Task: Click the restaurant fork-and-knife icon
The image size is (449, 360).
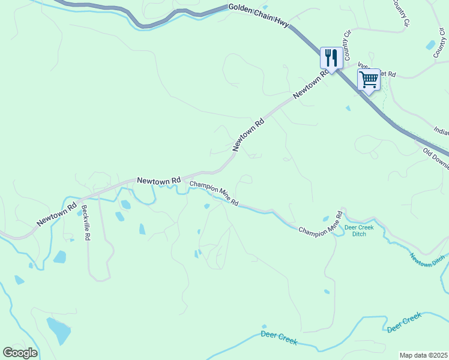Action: point(331,58)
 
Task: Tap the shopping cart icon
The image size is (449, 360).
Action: point(369,79)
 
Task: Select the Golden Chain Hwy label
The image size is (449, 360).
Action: point(259,16)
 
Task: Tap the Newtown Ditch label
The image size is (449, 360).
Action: point(427,260)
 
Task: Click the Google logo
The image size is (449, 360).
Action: point(20,352)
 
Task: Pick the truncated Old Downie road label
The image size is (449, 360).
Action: point(435,159)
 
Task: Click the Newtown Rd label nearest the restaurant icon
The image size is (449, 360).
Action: point(312,85)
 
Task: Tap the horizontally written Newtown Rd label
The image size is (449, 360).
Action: point(158,180)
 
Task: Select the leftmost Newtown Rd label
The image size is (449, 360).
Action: point(56,214)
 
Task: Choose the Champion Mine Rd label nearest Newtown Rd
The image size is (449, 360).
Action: point(214,193)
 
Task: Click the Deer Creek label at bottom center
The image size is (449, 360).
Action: point(279,337)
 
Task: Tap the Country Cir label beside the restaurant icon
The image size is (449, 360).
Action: point(346,42)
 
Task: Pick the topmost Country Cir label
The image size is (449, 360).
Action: point(400,12)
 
